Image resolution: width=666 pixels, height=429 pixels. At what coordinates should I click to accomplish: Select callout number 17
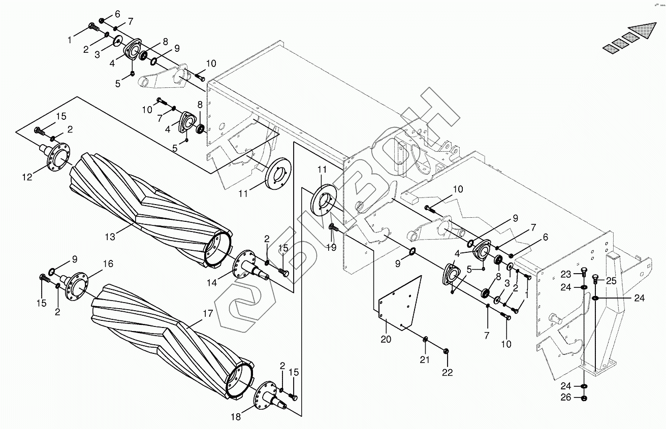click(207, 314)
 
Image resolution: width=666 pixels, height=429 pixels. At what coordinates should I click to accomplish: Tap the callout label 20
click(386, 339)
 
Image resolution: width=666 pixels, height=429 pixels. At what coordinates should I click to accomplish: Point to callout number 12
click(26, 177)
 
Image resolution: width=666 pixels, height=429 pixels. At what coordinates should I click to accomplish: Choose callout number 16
click(108, 263)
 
